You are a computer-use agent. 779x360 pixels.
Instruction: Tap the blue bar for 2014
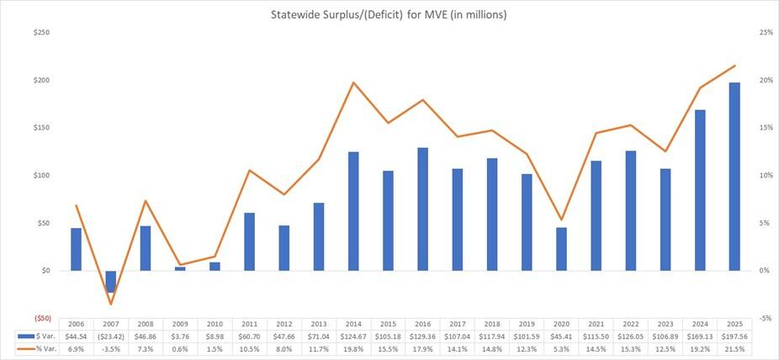click(x=353, y=211)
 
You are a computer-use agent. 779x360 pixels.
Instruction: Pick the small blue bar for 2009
click(x=180, y=269)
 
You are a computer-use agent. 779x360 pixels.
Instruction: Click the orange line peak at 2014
click(x=353, y=82)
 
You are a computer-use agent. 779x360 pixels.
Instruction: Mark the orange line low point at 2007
click(x=111, y=304)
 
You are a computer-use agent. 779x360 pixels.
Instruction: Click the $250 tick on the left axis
click(x=40, y=33)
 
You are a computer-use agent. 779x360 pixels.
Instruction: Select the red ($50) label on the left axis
click(x=40, y=319)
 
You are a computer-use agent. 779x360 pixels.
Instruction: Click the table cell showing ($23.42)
click(x=111, y=336)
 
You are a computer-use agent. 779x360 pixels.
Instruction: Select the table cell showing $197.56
click(x=734, y=336)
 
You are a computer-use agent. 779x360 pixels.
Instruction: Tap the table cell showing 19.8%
click(x=353, y=348)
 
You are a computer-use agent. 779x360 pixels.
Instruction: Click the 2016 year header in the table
click(x=422, y=324)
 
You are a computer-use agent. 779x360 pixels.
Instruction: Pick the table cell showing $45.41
click(x=561, y=336)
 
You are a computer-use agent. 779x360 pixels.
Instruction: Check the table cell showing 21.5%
click(x=734, y=348)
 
